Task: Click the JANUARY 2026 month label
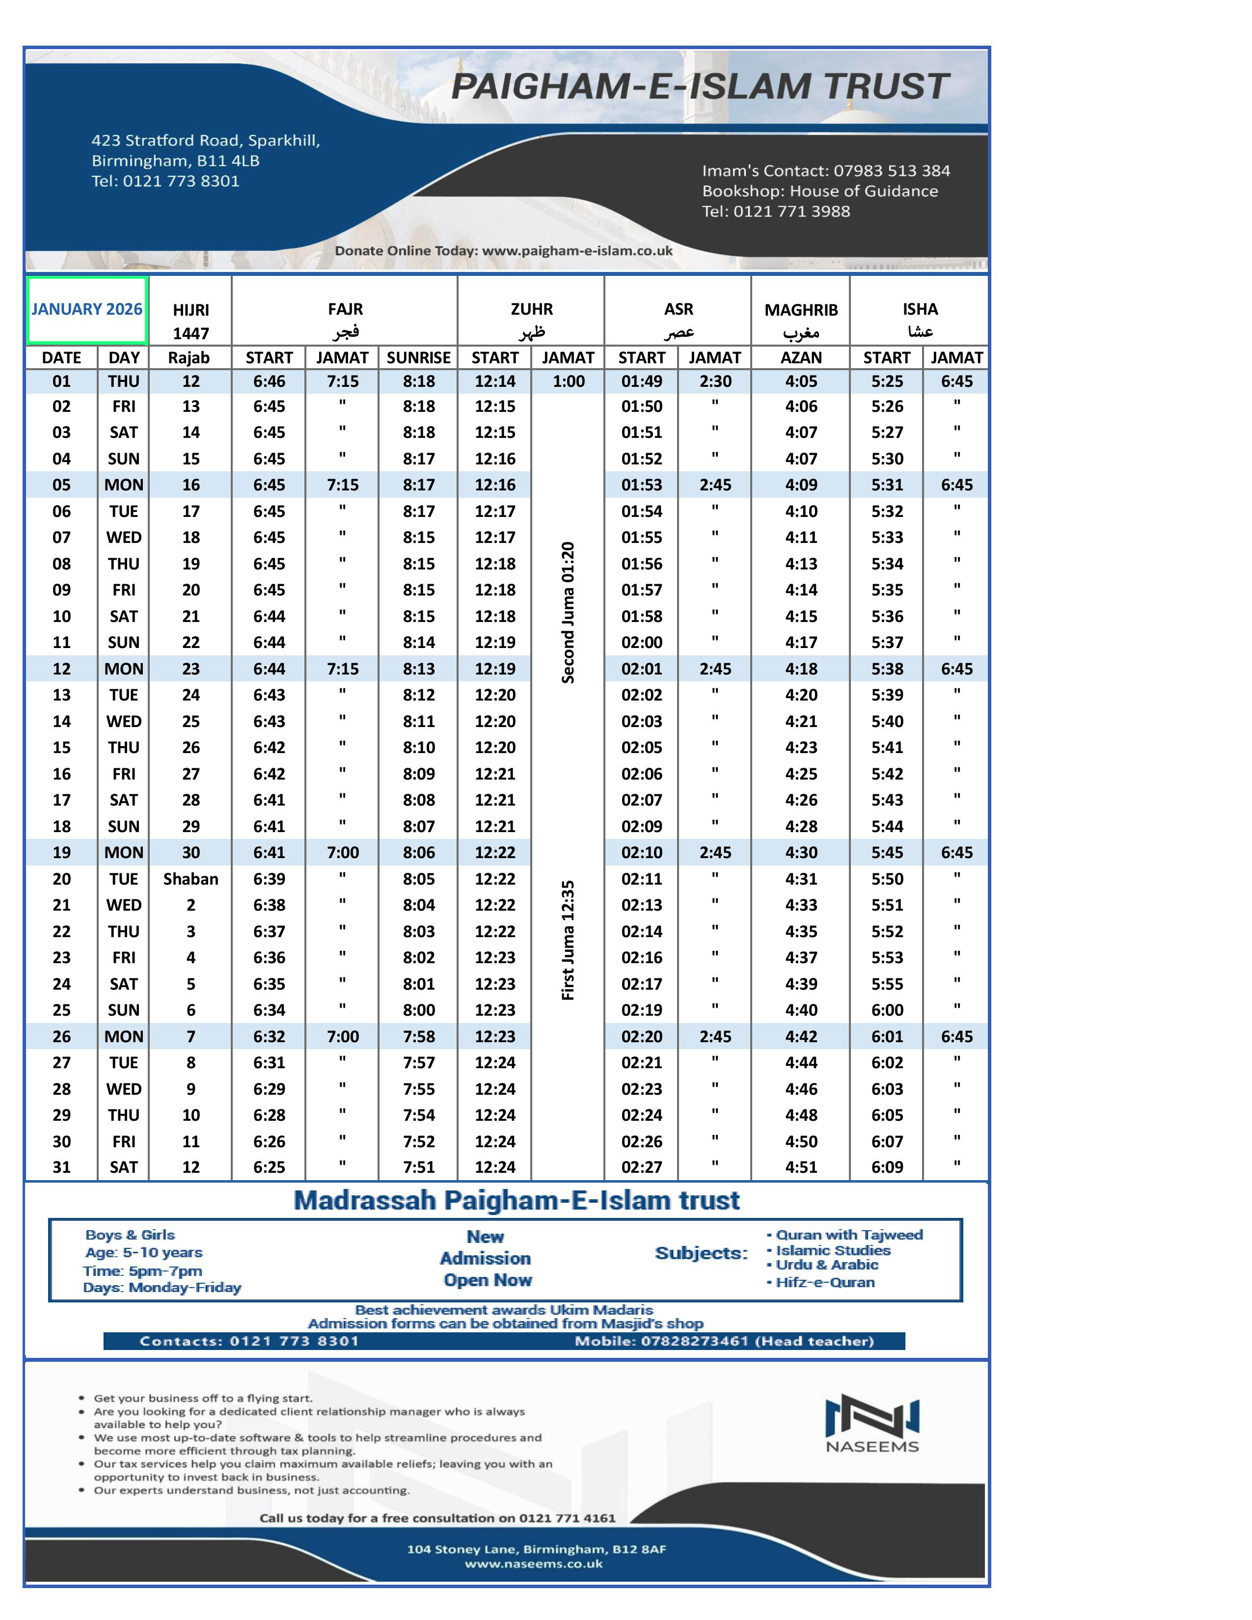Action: tap(87, 309)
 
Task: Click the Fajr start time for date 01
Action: tap(269, 381)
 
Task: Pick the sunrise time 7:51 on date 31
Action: tap(418, 1167)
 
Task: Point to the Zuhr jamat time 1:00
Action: tap(568, 381)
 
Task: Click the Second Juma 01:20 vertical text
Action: tap(568, 612)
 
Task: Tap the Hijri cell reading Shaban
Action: tap(191, 879)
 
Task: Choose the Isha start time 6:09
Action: tap(887, 1167)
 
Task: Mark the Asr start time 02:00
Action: tap(642, 643)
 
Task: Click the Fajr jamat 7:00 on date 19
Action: tap(343, 852)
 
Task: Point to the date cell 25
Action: tap(61, 1009)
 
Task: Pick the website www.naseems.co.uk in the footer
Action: tap(533, 1564)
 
